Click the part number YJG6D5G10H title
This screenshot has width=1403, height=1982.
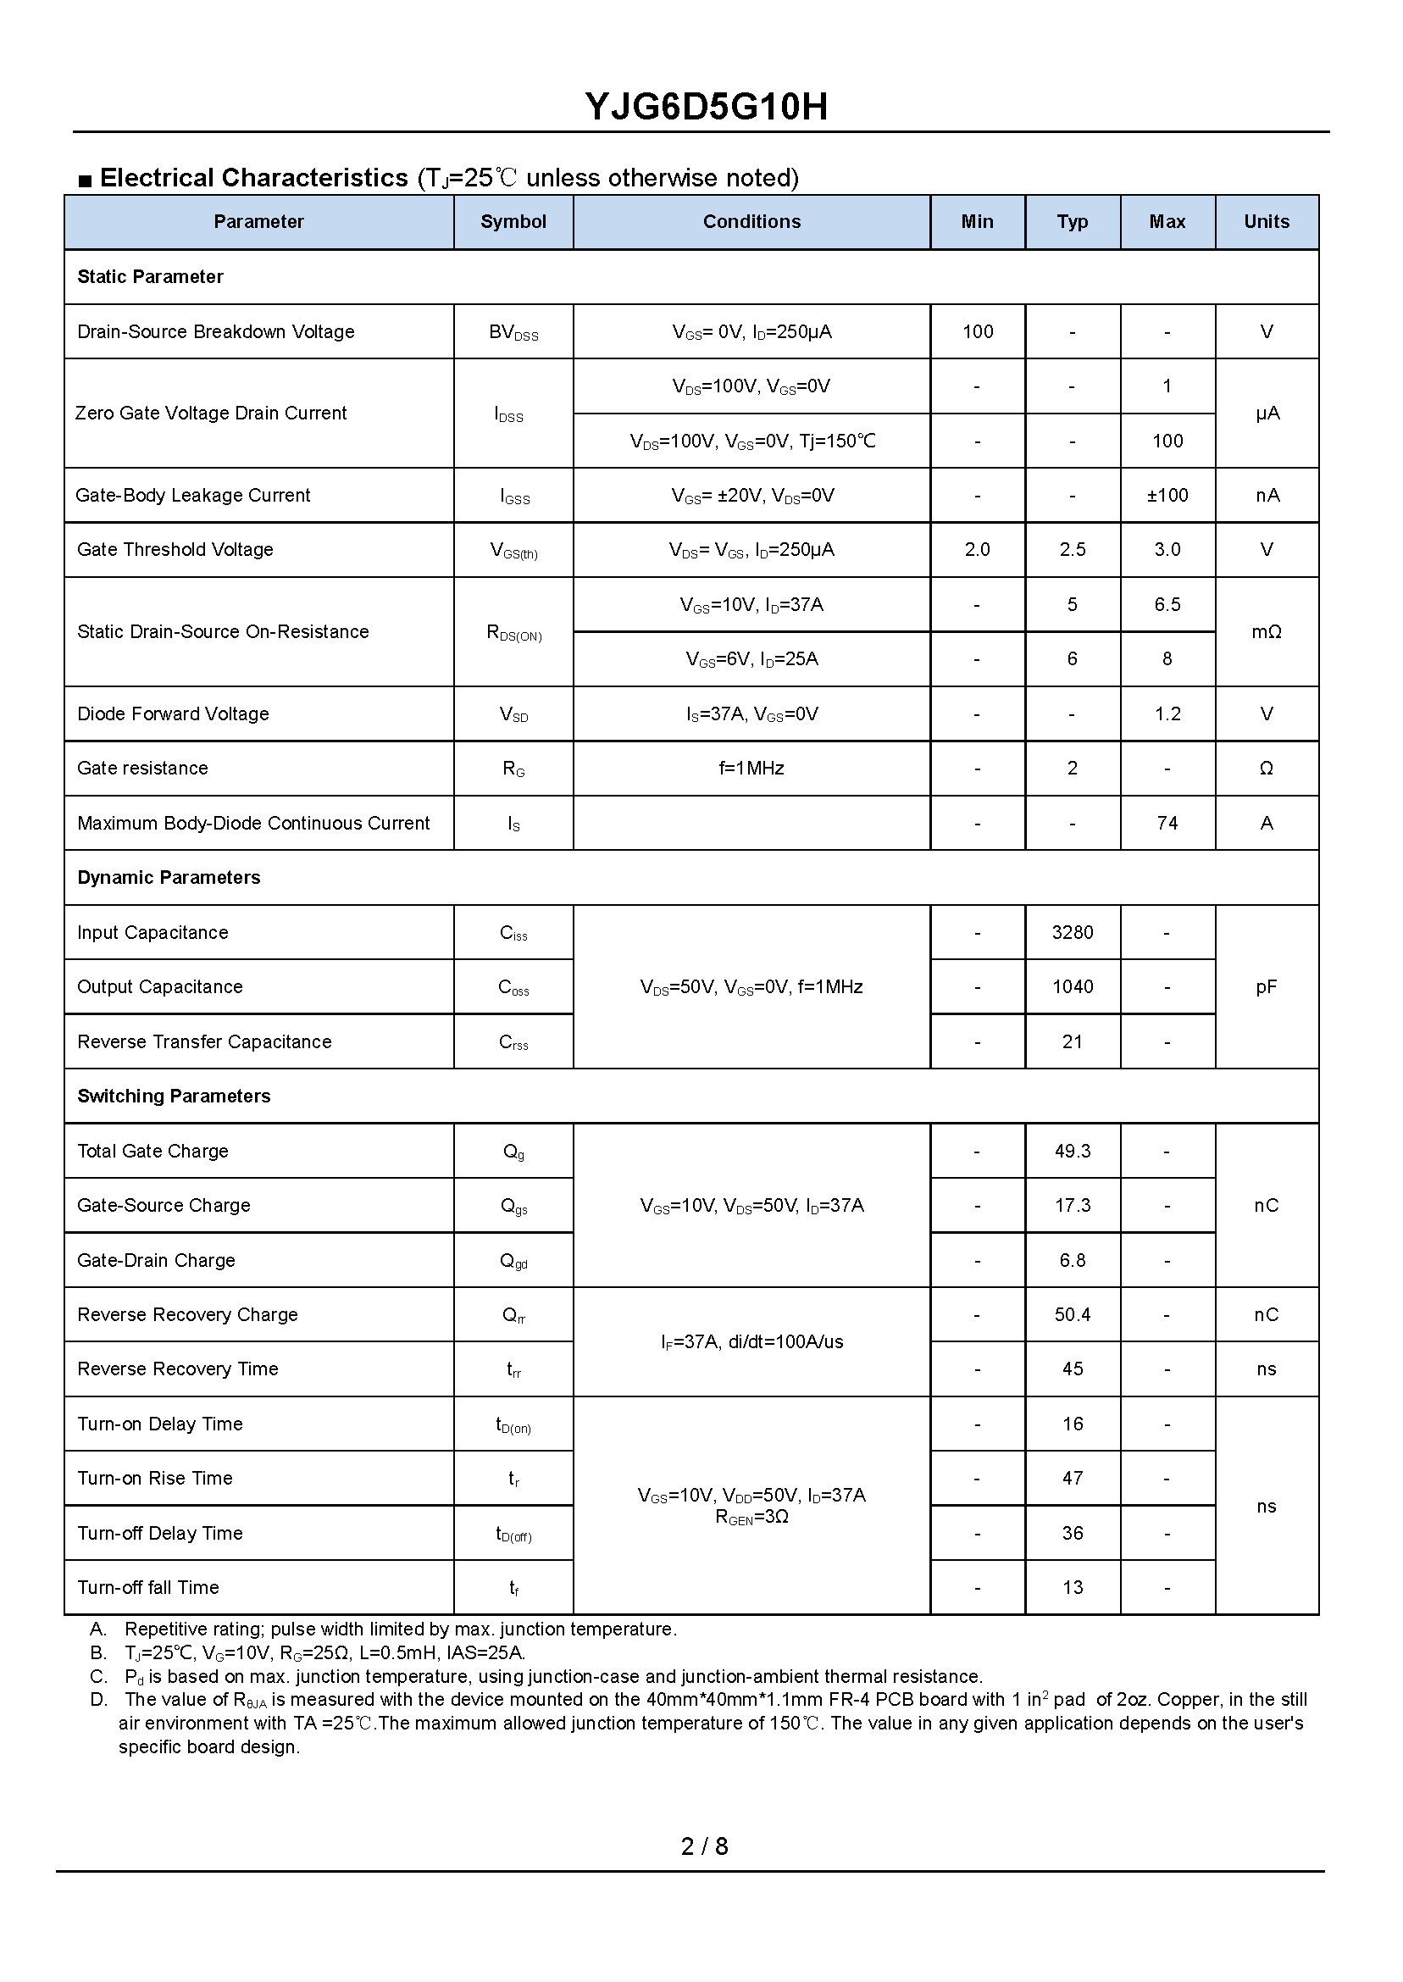(x=706, y=107)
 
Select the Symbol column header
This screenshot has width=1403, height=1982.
(x=513, y=222)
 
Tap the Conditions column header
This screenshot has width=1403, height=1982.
(x=751, y=222)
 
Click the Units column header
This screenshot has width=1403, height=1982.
(x=1266, y=222)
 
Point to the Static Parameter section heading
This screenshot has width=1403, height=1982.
(x=150, y=277)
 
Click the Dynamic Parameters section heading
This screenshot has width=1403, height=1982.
(x=169, y=878)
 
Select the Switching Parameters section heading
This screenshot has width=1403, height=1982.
(x=174, y=1096)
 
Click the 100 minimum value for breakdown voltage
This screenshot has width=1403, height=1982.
(x=977, y=332)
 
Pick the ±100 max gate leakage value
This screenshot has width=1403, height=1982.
(x=1167, y=496)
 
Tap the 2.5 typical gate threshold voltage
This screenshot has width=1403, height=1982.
(x=1072, y=550)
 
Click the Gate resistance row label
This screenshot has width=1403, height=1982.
(x=142, y=769)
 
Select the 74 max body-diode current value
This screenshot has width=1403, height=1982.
(x=1167, y=824)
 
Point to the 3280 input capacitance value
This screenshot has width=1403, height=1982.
(x=1072, y=933)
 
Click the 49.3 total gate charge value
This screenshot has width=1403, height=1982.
(x=1072, y=1152)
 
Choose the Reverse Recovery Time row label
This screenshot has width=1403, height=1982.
(x=178, y=1369)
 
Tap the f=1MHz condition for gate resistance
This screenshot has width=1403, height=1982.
(x=751, y=769)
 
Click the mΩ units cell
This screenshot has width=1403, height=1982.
(x=1266, y=632)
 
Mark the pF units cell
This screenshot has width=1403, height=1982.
(x=1266, y=987)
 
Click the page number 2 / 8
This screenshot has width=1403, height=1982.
(x=704, y=1846)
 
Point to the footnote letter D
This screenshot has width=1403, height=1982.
(x=98, y=1700)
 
